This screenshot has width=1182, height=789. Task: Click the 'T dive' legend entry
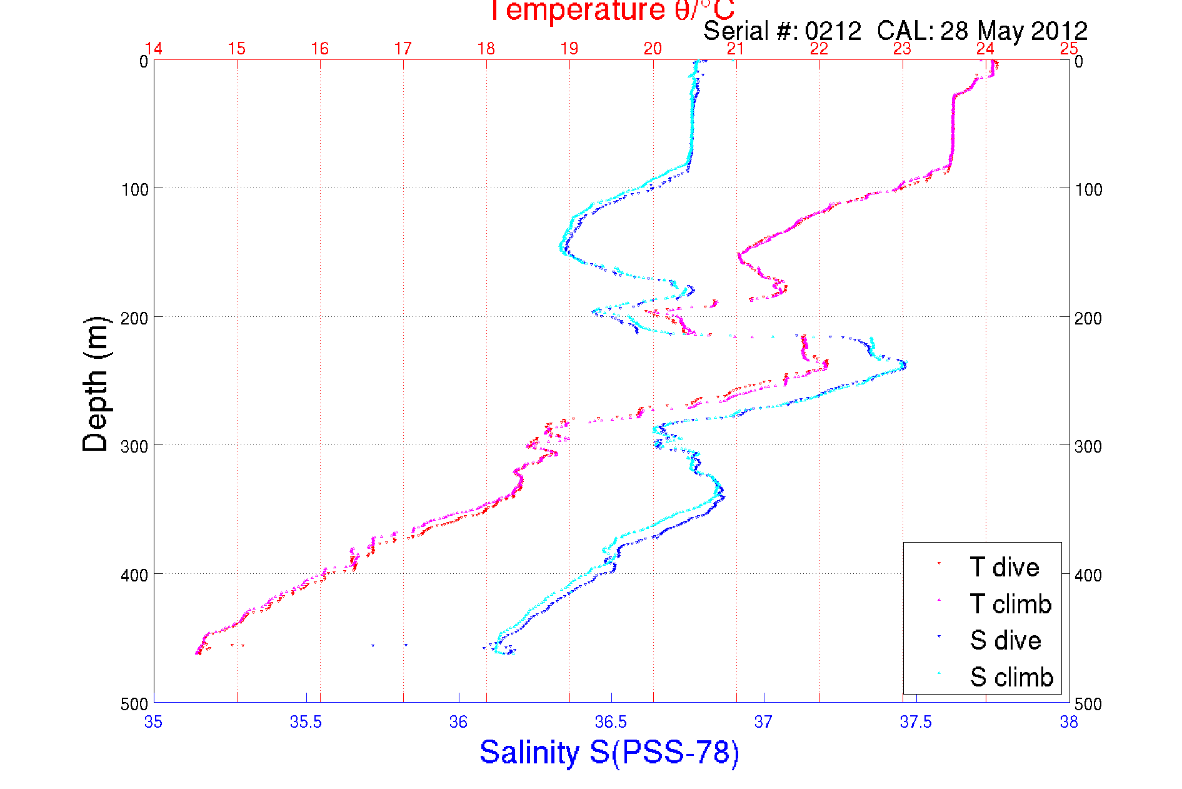(1004, 567)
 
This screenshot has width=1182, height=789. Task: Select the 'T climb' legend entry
(1010, 604)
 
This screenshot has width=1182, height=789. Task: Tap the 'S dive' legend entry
(1005, 640)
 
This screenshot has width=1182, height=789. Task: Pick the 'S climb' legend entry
(1011, 677)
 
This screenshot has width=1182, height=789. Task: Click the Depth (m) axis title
(96, 384)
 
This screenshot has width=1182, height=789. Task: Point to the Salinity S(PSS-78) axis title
(609, 752)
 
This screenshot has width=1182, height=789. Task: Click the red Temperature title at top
(611, 11)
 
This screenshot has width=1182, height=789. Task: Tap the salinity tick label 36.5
(611, 723)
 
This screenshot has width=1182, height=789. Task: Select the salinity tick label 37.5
(916, 723)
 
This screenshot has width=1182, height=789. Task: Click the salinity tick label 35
(153, 723)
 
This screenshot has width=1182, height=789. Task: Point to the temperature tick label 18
(486, 49)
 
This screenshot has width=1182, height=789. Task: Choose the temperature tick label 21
(736, 49)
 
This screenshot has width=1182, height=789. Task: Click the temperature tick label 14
(154, 49)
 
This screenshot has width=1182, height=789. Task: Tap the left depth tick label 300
(135, 446)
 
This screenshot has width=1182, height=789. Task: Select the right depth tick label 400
(1088, 575)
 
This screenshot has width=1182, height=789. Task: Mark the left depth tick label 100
(135, 189)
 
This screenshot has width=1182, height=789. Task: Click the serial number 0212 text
(833, 31)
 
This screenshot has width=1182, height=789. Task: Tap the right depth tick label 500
(1088, 704)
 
